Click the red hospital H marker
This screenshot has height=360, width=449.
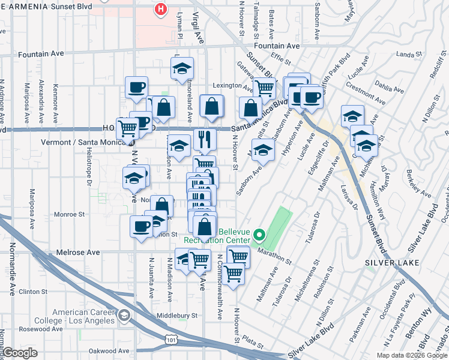160,9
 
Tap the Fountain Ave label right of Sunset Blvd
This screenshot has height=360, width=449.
276,46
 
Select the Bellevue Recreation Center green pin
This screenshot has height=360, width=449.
259,235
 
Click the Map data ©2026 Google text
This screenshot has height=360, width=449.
411,355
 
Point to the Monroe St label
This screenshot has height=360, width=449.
68,214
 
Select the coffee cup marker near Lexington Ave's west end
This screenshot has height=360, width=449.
137,87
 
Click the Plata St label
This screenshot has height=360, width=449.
255,345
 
